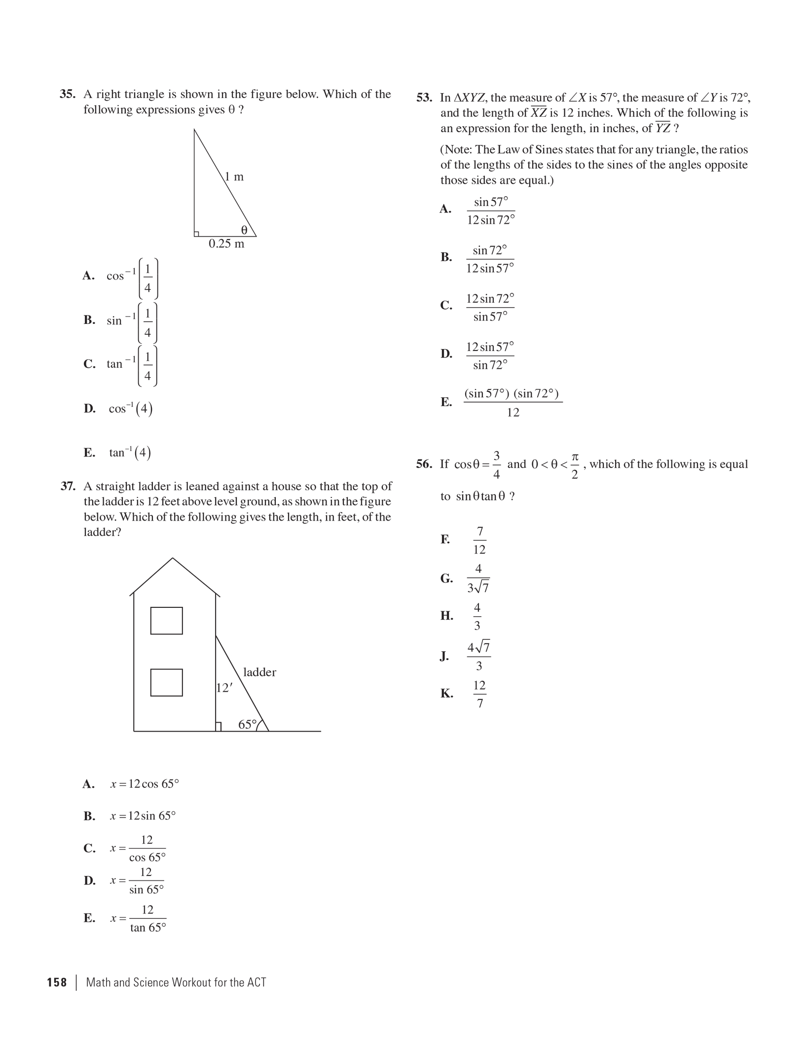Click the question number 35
click(67, 94)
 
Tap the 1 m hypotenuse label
click(234, 176)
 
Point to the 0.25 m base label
click(226, 244)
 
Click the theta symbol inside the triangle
click(244, 230)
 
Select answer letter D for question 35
click(89, 408)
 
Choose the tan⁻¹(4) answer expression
click(130, 453)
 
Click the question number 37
click(68, 486)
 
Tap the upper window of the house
click(166, 621)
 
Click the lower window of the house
click(166, 682)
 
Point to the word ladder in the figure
click(259, 672)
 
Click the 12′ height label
click(224, 688)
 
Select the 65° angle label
click(248, 724)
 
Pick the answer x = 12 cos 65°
click(144, 784)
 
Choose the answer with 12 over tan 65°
click(147, 918)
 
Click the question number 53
click(424, 98)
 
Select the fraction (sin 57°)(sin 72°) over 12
click(513, 402)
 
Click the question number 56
click(424, 464)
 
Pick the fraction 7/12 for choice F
click(479, 540)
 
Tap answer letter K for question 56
click(446, 694)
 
